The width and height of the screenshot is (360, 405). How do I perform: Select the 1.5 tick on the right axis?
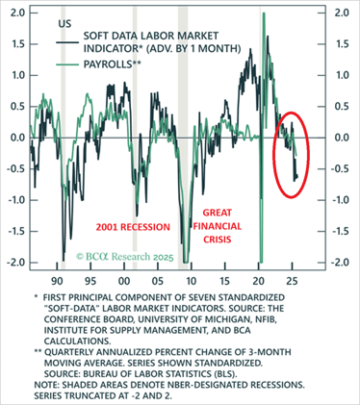(x=341, y=44)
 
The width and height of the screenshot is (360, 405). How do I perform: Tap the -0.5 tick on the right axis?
(x=341, y=168)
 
